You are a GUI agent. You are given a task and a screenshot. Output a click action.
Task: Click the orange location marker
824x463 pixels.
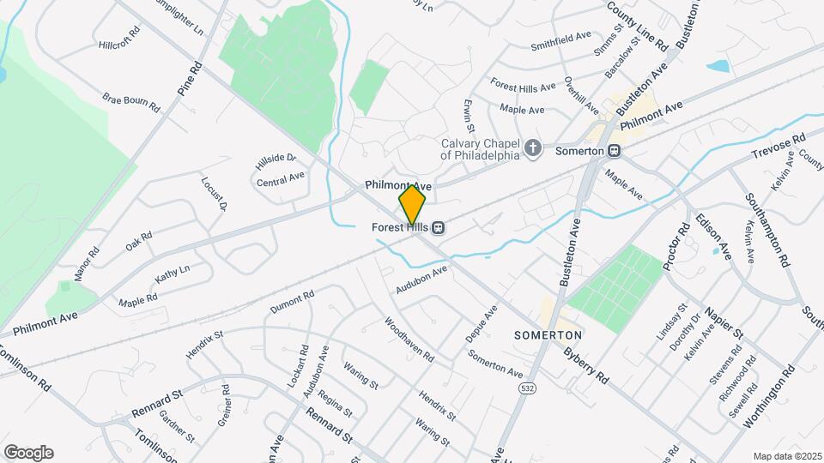(x=412, y=205)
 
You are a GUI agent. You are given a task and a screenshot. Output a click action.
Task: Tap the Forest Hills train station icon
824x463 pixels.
(x=438, y=227)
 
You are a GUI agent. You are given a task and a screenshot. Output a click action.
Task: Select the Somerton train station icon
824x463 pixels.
(x=614, y=150)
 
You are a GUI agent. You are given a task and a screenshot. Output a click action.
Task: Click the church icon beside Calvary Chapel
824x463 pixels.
(x=533, y=149)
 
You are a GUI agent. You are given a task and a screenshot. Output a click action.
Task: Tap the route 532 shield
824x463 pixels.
(x=524, y=388)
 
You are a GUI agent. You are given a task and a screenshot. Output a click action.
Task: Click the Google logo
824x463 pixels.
(x=28, y=452)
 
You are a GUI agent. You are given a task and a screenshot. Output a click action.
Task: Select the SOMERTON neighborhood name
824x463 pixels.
(x=548, y=334)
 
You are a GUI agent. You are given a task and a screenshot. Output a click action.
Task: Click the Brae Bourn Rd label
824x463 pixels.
(x=131, y=103)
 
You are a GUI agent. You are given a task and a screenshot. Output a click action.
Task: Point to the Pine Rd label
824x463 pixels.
(x=189, y=78)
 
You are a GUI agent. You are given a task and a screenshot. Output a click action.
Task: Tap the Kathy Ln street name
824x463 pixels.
(x=172, y=275)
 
